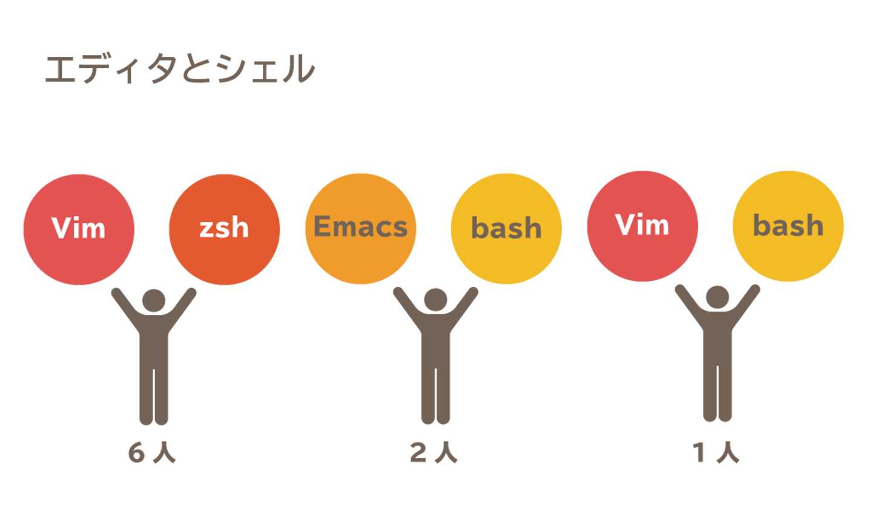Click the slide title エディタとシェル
tap(179, 68)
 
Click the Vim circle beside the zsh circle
tap(79, 229)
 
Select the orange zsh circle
tap(224, 229)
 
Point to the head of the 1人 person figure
tap(718, 297)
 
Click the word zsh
tap(224, 228)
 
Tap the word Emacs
tap(360, 226)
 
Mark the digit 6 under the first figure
tap(137, 452)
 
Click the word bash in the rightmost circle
tap(788, 225)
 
